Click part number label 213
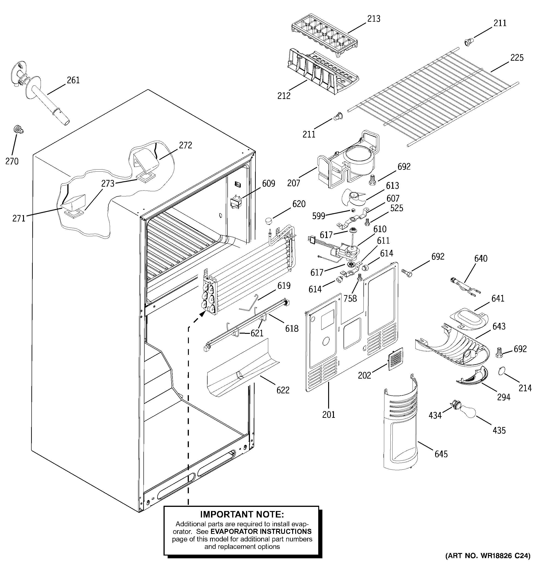374,19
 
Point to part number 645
441,454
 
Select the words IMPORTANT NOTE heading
242,514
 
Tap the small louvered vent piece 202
396,359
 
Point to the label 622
283,390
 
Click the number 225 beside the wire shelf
517,58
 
